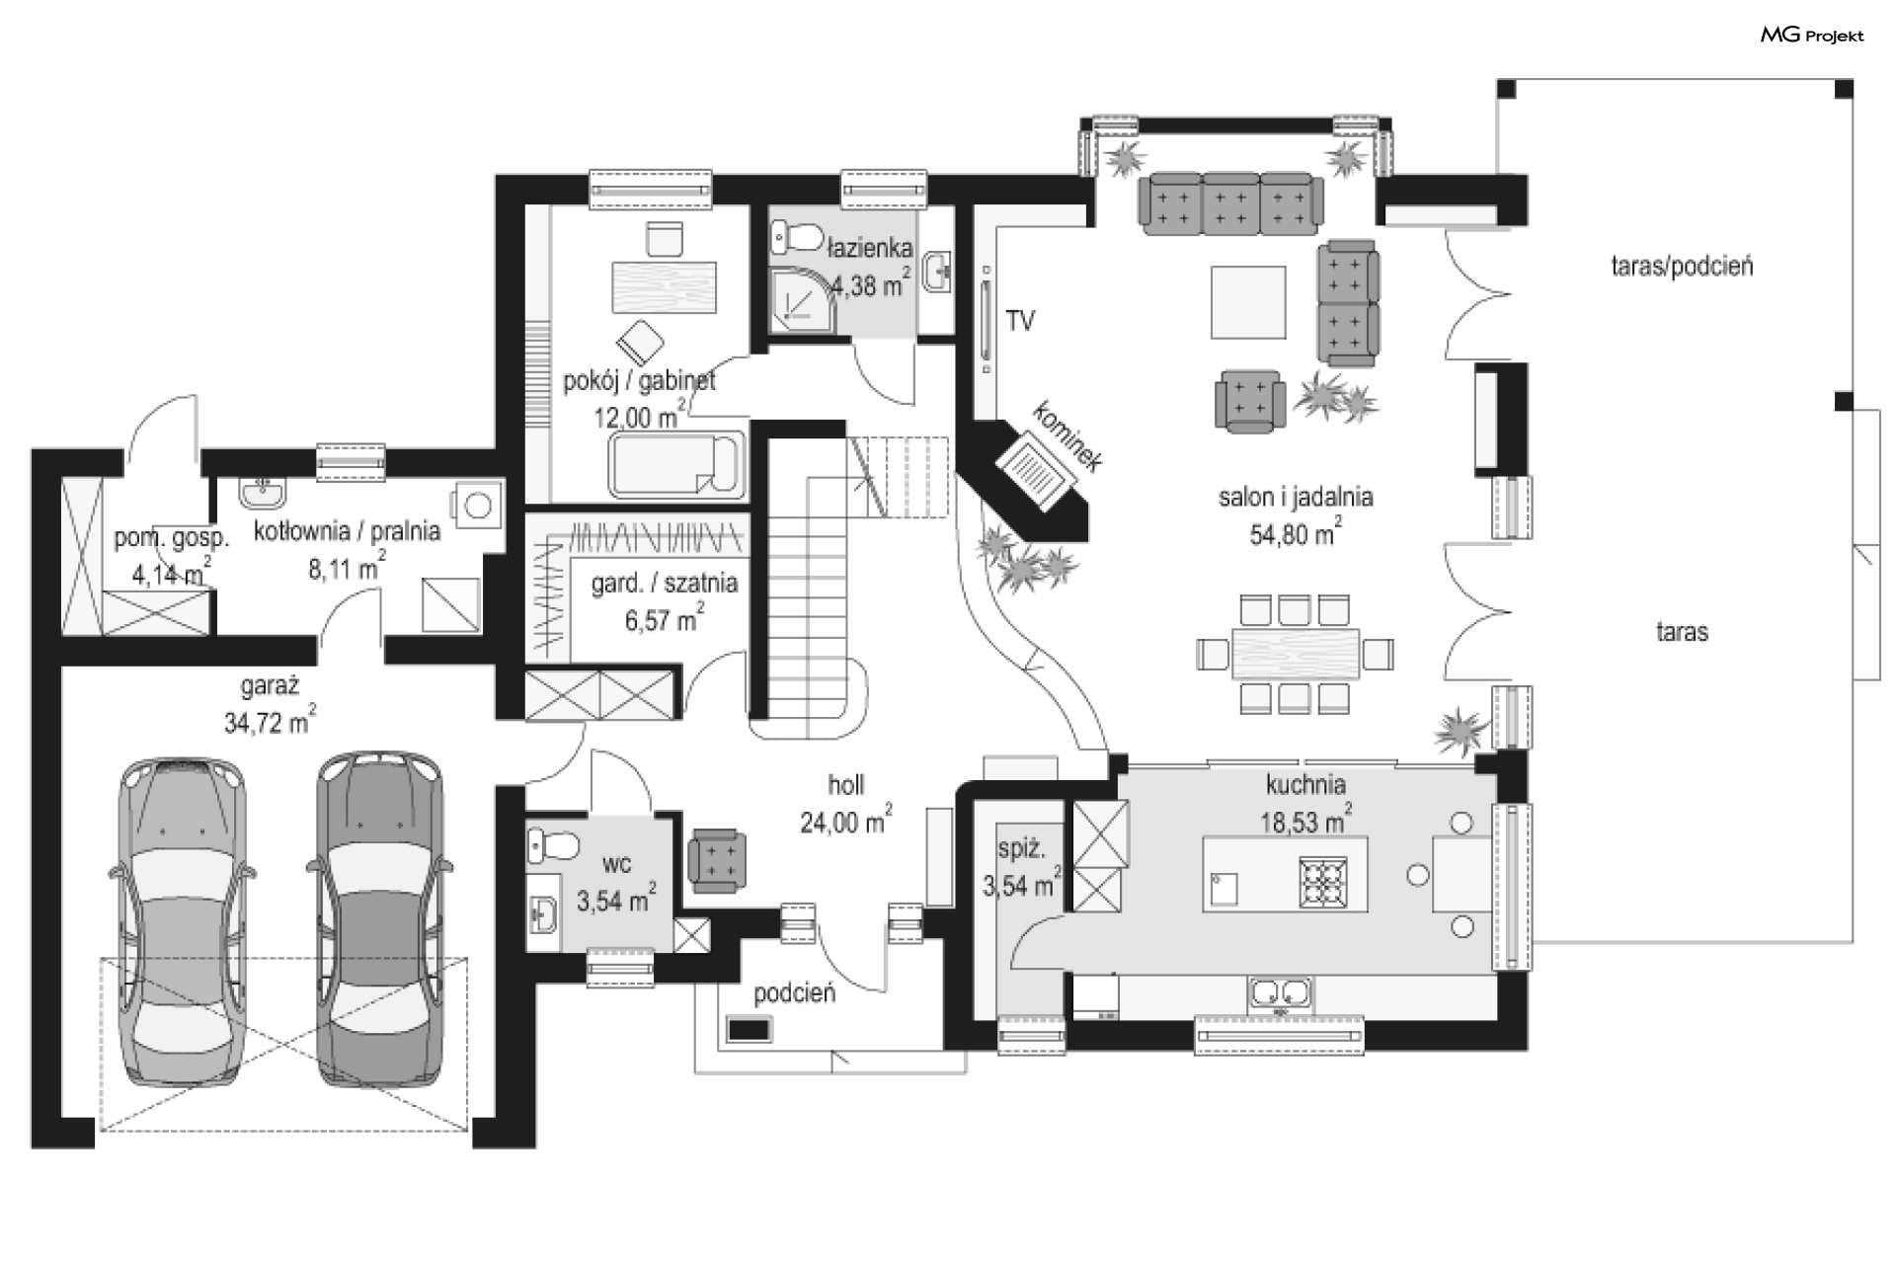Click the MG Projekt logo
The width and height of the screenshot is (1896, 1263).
click(x=1812, y=36)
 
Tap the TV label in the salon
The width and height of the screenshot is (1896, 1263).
click(x=1020, y=320)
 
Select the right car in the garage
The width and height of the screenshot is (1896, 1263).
click(x=381, y=918)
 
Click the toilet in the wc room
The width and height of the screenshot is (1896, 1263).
click(x=552, y=845)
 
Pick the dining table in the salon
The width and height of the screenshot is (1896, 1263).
click(x=1296, y=654)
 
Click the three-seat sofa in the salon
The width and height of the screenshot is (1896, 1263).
click(x=1230, y=204)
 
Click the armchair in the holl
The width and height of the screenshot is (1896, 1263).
click(x=718, y=859)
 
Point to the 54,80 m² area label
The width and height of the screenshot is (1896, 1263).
click(x=1296, y=533)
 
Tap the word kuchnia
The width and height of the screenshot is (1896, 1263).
click(x=1305, y=784)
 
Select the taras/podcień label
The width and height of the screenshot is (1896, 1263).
click(x=1682, y=266)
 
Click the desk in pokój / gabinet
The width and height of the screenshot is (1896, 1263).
click(x=665, y=286)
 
